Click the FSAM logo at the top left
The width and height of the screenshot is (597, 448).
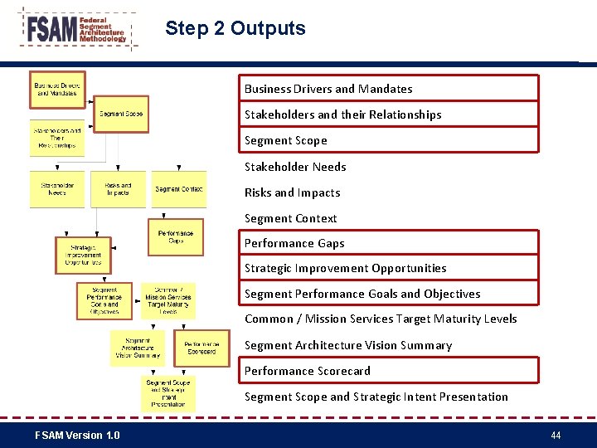point(76,29)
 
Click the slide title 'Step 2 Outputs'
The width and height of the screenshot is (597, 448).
point(235,28)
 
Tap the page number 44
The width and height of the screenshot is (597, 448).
point(556,435)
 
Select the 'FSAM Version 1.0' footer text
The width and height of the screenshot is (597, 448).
point(77,435)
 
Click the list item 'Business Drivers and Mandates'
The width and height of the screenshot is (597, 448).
point(328,89)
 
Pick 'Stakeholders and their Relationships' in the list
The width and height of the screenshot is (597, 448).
point(342,114)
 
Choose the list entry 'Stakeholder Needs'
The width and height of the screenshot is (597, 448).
point(295,167)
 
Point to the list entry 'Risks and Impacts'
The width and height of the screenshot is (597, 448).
point(292,192)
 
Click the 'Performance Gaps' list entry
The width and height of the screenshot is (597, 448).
point(294,243)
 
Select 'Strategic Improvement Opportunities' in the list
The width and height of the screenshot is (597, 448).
point(345,268)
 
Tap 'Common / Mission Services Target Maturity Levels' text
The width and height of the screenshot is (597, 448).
point(381,319)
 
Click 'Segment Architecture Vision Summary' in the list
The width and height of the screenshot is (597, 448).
point(348,345)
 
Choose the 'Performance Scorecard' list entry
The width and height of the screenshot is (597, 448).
point(308,371)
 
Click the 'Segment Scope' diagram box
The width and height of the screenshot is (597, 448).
point(121,114)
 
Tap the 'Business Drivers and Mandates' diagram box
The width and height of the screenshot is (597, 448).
point(56,89)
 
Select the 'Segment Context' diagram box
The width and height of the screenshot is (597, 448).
point(178,189)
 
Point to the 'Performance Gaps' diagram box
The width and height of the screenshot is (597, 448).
point(176,236)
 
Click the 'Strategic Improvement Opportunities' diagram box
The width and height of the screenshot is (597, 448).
point(83,255)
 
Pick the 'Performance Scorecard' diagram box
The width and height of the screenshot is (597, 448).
point(201,348)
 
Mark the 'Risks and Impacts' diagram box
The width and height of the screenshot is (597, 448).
point(118,189)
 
